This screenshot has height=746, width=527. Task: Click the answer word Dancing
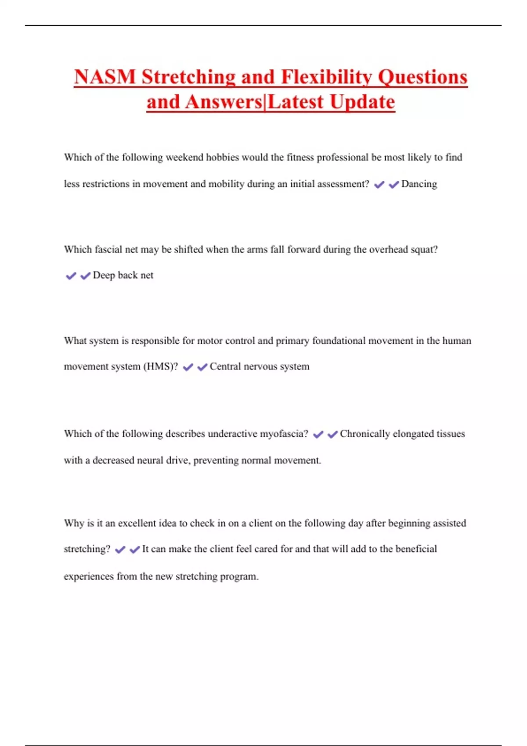[419, 184]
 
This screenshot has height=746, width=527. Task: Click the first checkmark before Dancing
[379, 185]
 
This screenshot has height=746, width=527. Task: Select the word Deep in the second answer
[104, 276]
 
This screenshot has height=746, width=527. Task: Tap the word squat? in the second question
[424, 250]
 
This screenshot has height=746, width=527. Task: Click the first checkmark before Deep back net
[71, 276]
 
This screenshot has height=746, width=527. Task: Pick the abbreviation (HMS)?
[161, 367]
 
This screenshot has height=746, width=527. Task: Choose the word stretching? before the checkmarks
[87, 549]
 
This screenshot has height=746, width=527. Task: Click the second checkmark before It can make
[135, 549]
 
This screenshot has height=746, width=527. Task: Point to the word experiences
[89, 577]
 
